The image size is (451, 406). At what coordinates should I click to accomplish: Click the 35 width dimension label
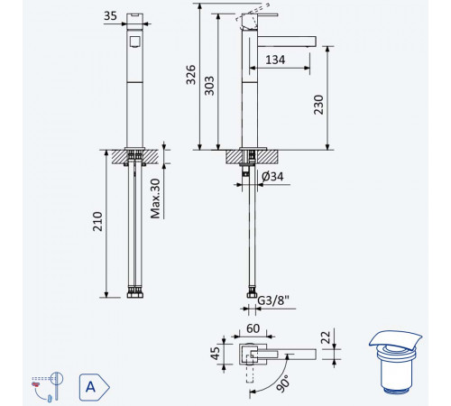(110, 15)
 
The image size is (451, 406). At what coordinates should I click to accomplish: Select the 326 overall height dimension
(191, 75)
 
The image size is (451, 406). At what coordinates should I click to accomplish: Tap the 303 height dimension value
(209, 86)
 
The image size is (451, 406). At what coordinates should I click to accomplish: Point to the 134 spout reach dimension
(275, 60)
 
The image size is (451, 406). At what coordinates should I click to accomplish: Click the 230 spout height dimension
(318, 105)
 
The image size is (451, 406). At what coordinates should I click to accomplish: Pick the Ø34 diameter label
(272, 177)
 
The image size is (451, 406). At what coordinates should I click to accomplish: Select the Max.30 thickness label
(155, 198)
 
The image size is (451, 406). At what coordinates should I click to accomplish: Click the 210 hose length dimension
(97, 221)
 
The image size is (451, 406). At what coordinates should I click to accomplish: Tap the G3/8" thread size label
(273, 300)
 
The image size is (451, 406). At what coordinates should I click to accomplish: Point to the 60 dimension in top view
(253, 328)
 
